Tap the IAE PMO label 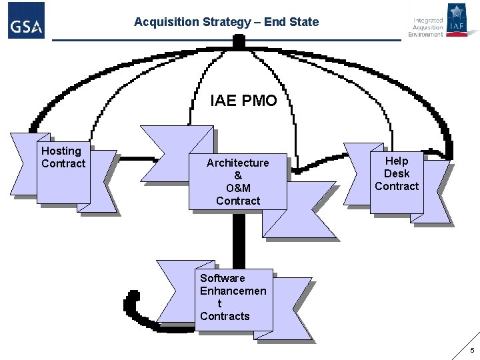tap(243, 101)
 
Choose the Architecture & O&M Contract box tap(238, 181)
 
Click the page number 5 tap(472, 351)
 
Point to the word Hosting tap(61, 151)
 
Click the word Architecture tap(238, 163)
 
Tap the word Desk tap(397, 173)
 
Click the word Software tap(223, 278)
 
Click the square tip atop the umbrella tap(238, 41)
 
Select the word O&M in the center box tap(238, 188)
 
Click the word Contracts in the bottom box tap(225, 316)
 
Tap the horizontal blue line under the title tap(227, 40)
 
